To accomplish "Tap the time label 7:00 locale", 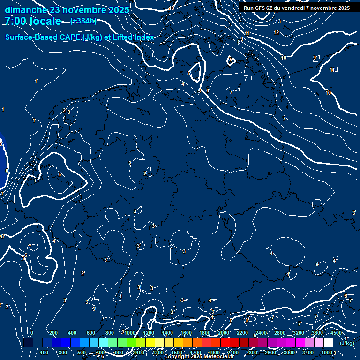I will pos(33,21).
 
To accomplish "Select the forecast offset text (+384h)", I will pos(83,21).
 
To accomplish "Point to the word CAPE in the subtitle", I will pos(68,37).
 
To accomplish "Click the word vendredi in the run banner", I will pos(295,8).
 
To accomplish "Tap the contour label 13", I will pos(278,22).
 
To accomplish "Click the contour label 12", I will pos(276,32).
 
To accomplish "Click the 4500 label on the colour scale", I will pos(336,333).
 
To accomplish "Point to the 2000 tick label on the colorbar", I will pos(224,333).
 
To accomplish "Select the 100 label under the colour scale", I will pos(44,352).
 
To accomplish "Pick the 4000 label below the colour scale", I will pos(327,352).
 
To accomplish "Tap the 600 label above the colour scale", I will pos(91,333).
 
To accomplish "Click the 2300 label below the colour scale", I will pos(252,352).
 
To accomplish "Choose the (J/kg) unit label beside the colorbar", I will pos(347,344).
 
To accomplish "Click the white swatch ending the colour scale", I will pos(329,343).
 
